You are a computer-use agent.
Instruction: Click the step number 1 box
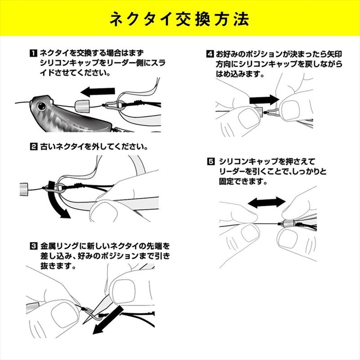pyautogui.click(x=33, y=53)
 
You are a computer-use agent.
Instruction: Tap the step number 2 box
pyautogui.click(x=33, y=147)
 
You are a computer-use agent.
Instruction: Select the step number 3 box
pyautogui.click(x=33, y=246)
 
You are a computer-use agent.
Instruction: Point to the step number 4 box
pyautogui.click(x=210, y=54)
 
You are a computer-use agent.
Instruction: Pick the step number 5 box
pyautogui.click(x=210, y=161)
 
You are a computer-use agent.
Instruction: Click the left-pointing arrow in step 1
pyautogui.click(x=98, y=92)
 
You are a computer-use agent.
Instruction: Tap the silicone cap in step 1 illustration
pyautogui.click(x=82, y=105)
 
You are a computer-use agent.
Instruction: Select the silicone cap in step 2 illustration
pyautogui.click(x=24, y=189)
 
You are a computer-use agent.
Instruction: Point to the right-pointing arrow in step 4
pyautogui.click(x=264, y=100)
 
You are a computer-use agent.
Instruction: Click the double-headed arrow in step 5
pyautogui.click(x=266, y=203)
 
